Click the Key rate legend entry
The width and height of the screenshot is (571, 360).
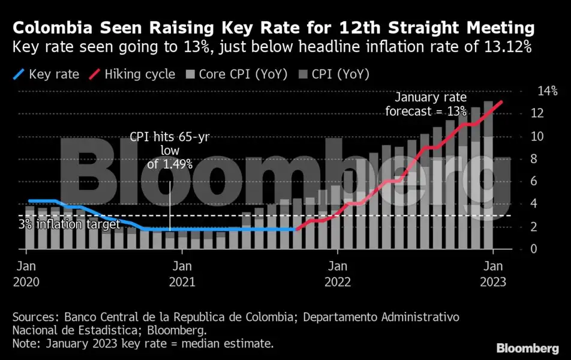click(53, 74)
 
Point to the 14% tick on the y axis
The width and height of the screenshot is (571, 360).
click(546, 92)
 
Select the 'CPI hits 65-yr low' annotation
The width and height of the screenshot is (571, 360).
click(170, 150)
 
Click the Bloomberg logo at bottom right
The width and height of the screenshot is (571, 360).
click(527, 348)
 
